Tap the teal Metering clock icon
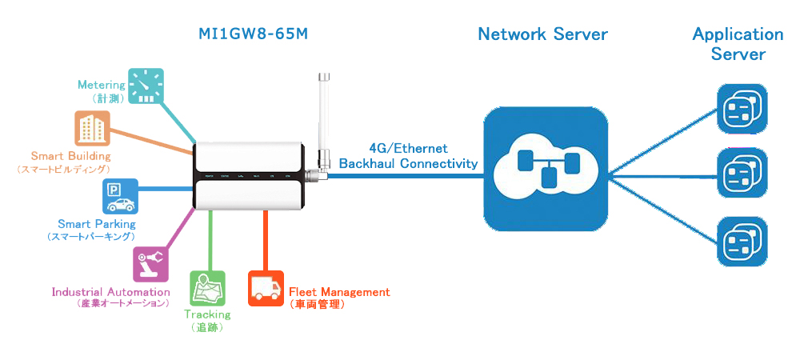(x=146, y=86)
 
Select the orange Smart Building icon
(x=92, y=129)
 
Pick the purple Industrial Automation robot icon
(x=150, y=263)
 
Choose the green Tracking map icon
(x=206, y=289)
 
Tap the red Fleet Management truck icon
(x=265, y=288)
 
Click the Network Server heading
(x=542, y=34)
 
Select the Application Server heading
(x=738, y=44)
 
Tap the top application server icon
(x=741, y=110)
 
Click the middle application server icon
(x=741, y=174)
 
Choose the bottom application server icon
(x=741, y=240)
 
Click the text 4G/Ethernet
(x=408, y=149)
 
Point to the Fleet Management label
(x=339, y=293)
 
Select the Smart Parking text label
(x=97, y=224)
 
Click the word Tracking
(x=206, y=314)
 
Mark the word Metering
(x=102, y=85)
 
